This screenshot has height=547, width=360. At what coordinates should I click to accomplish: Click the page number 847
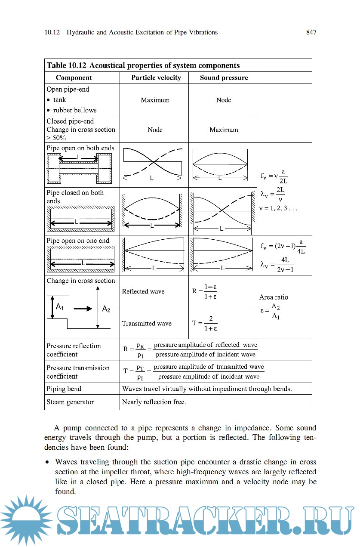311,32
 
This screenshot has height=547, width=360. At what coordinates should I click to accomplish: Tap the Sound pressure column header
224,78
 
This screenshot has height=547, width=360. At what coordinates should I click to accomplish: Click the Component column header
74,78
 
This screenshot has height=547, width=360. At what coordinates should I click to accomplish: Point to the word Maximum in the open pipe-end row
155,100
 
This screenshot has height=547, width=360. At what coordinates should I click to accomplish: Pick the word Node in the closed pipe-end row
155,130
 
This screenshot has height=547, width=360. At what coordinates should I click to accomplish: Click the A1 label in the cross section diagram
60,307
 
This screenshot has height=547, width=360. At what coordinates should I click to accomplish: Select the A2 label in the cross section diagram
106,309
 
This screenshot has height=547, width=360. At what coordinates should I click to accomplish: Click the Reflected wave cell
143,292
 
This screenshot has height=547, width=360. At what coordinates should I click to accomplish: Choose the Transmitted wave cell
147,324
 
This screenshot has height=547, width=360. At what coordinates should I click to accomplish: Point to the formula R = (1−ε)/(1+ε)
205,291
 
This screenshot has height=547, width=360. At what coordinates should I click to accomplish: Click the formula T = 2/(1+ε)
205,324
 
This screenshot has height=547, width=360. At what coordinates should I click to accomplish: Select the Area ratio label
274,297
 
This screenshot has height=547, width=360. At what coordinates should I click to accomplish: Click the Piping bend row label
64,389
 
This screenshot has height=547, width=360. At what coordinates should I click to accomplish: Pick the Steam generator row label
70,402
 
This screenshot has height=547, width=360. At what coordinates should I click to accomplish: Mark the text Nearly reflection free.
154,402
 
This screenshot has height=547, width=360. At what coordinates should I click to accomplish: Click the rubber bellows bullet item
75,110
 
